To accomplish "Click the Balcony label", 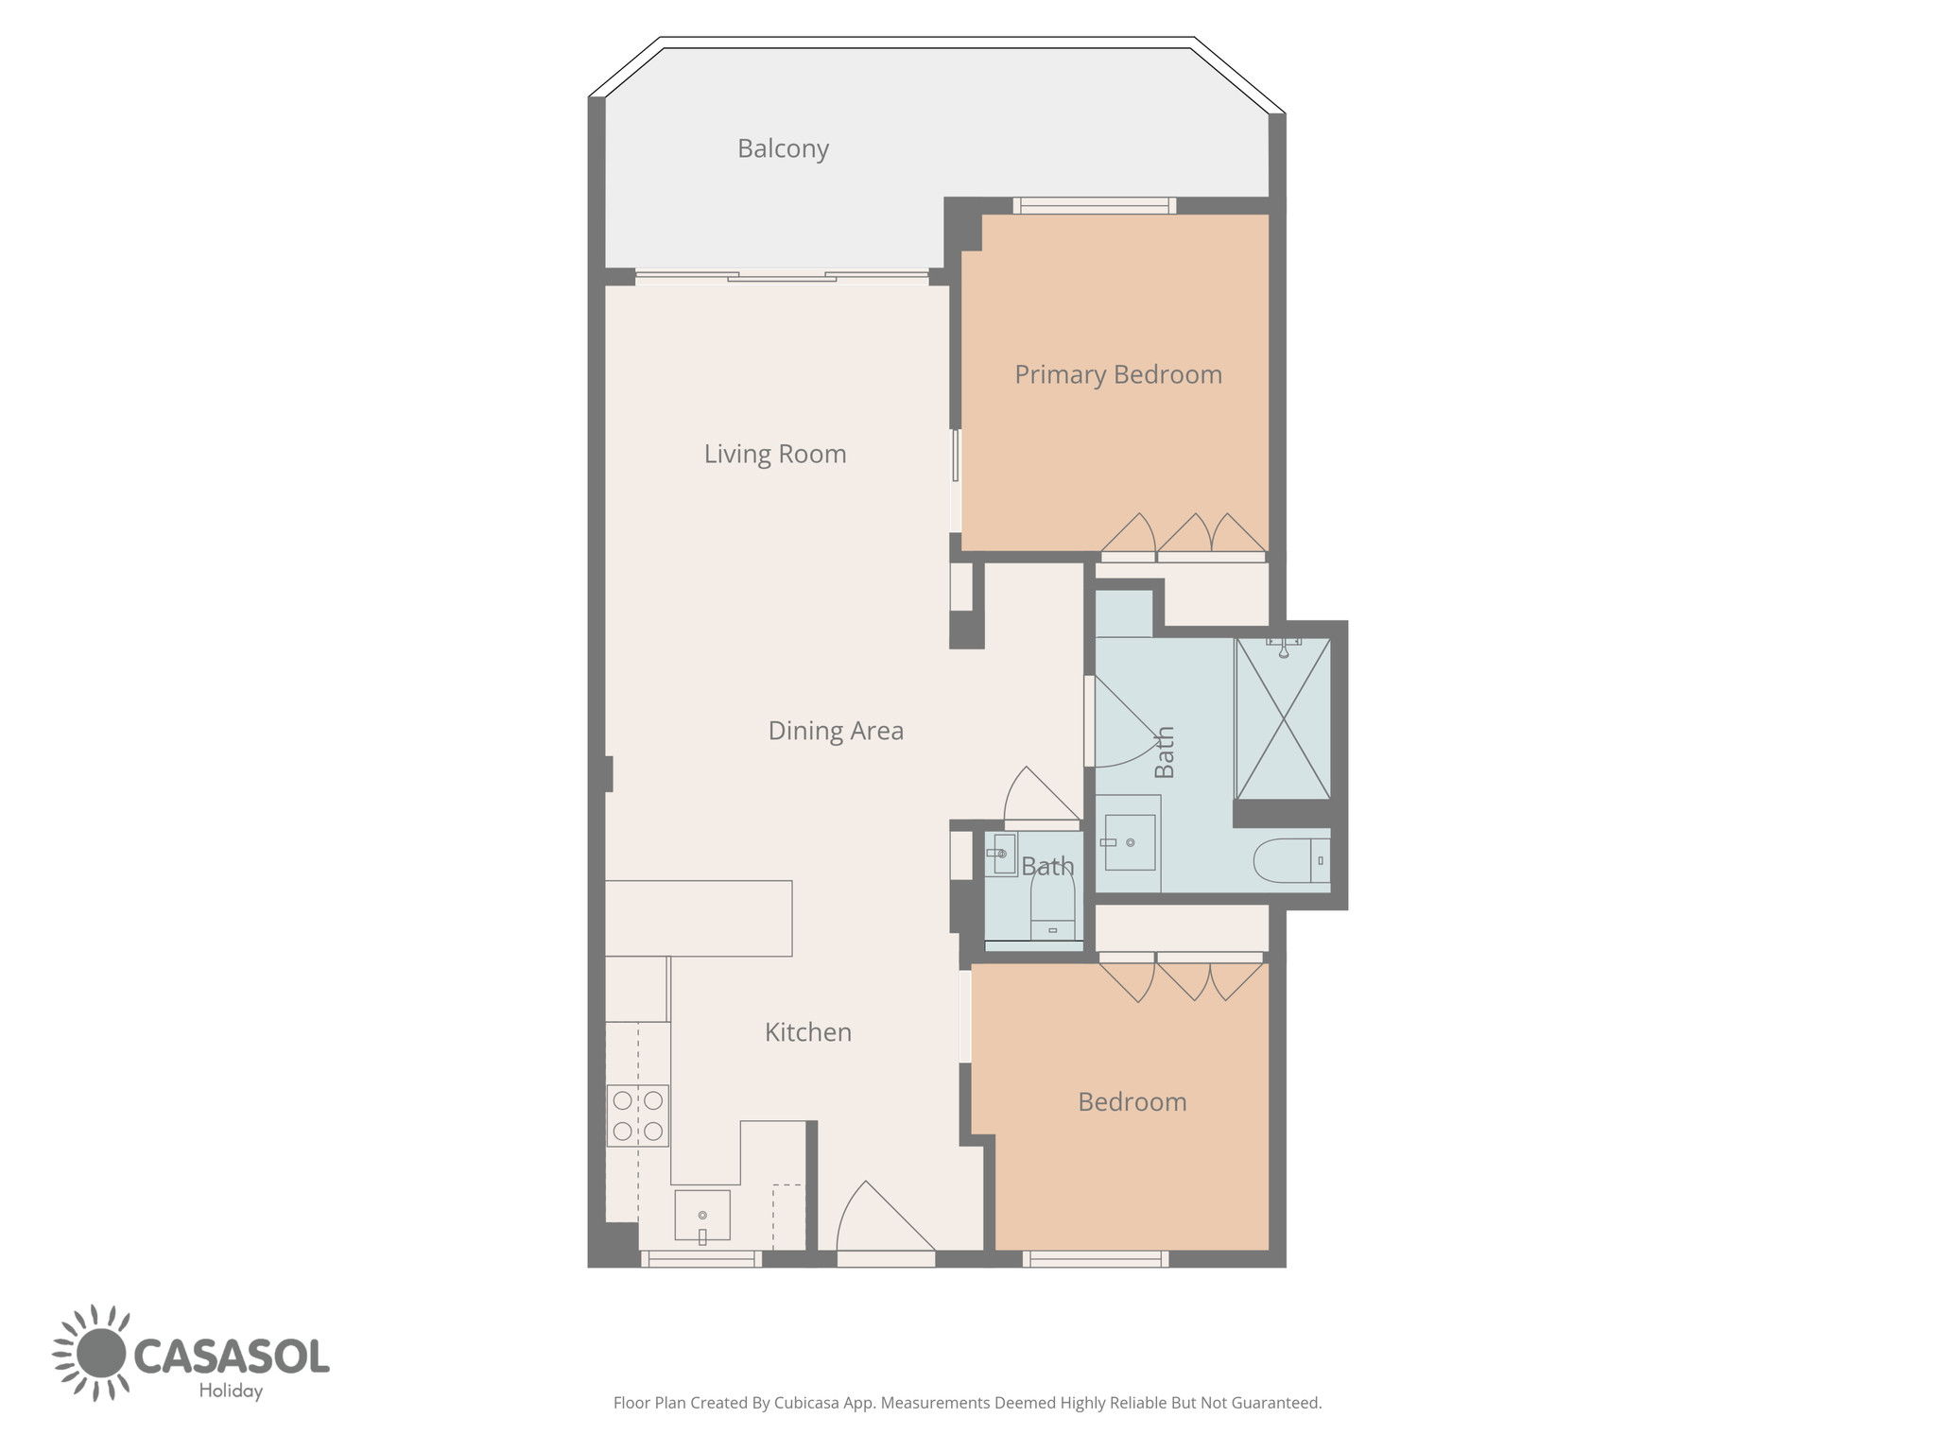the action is point(783,148).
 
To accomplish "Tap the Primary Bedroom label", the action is point(1118,374).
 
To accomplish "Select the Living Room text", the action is point(775,454).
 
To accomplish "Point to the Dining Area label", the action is point(836,731).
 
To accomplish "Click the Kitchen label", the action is point(808,1032).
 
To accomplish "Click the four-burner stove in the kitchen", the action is point(637,1115).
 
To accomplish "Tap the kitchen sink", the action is point(702,1216).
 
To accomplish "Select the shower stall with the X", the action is point(1283,718).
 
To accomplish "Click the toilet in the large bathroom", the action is point(1291,860).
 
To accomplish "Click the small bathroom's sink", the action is point(1002,855).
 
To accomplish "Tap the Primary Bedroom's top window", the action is point(1095,205).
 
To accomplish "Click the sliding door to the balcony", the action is point(782,276).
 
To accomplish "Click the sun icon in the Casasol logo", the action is point(90,1353).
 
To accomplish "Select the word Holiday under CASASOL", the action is point(231,1391).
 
